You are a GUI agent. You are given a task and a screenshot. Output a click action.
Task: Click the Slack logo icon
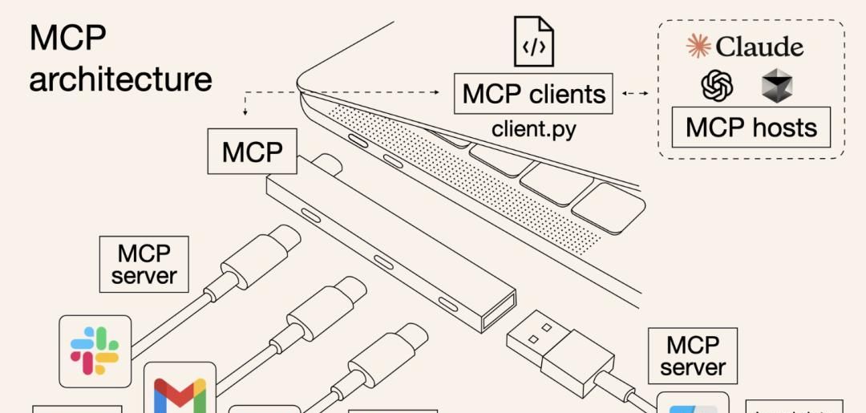pos(95,351)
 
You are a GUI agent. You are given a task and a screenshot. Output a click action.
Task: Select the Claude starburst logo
pos(698,46)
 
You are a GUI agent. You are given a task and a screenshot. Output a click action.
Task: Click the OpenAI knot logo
pos(717,85)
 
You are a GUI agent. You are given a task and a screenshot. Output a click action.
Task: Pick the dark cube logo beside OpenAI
pos(776,85)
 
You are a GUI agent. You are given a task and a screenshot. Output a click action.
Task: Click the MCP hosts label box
pos(751,128)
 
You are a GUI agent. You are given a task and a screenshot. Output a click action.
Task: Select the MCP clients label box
pos(534,94)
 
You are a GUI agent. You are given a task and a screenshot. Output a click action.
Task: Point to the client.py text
pos(534,128)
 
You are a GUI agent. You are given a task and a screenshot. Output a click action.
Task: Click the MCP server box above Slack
pos(144,264)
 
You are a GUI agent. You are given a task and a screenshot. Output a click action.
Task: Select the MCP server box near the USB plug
pos(693,355)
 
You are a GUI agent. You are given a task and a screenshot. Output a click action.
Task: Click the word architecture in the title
pos(121,79)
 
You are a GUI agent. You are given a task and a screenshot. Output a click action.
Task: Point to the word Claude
pos(759,47)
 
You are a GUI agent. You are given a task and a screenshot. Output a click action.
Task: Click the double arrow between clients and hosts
pos(635,94)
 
